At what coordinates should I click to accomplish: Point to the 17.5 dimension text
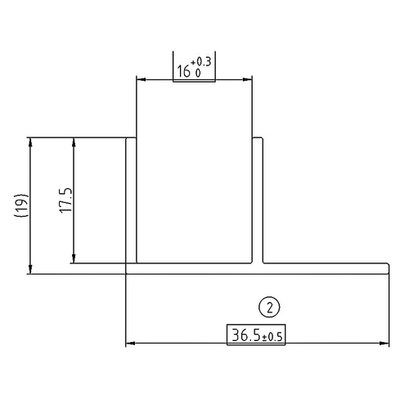(x=67, y=201)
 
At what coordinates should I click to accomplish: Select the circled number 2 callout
(x=269, y=308)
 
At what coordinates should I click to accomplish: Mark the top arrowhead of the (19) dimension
(x=31, y=142)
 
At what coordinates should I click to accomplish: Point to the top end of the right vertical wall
(x=256, y=138)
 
